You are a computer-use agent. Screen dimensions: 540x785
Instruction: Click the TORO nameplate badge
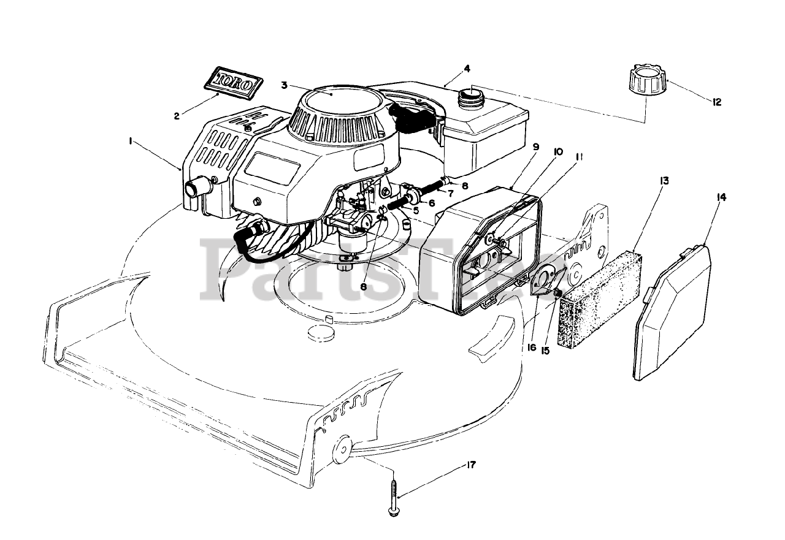click(232, 82)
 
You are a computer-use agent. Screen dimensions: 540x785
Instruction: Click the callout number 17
click(470, 465)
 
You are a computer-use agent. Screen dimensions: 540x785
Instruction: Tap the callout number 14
click(721, 197)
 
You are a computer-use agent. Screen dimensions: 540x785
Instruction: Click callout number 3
click(284, 85)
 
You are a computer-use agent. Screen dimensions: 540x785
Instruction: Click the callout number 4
click(467, 67)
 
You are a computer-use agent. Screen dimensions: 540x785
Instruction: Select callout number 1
click(131, 141)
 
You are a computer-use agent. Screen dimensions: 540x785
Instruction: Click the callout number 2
click(177, 115)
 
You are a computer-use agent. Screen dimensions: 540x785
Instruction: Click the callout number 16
click(531, 348)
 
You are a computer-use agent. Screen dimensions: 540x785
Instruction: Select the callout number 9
click(535, 147)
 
